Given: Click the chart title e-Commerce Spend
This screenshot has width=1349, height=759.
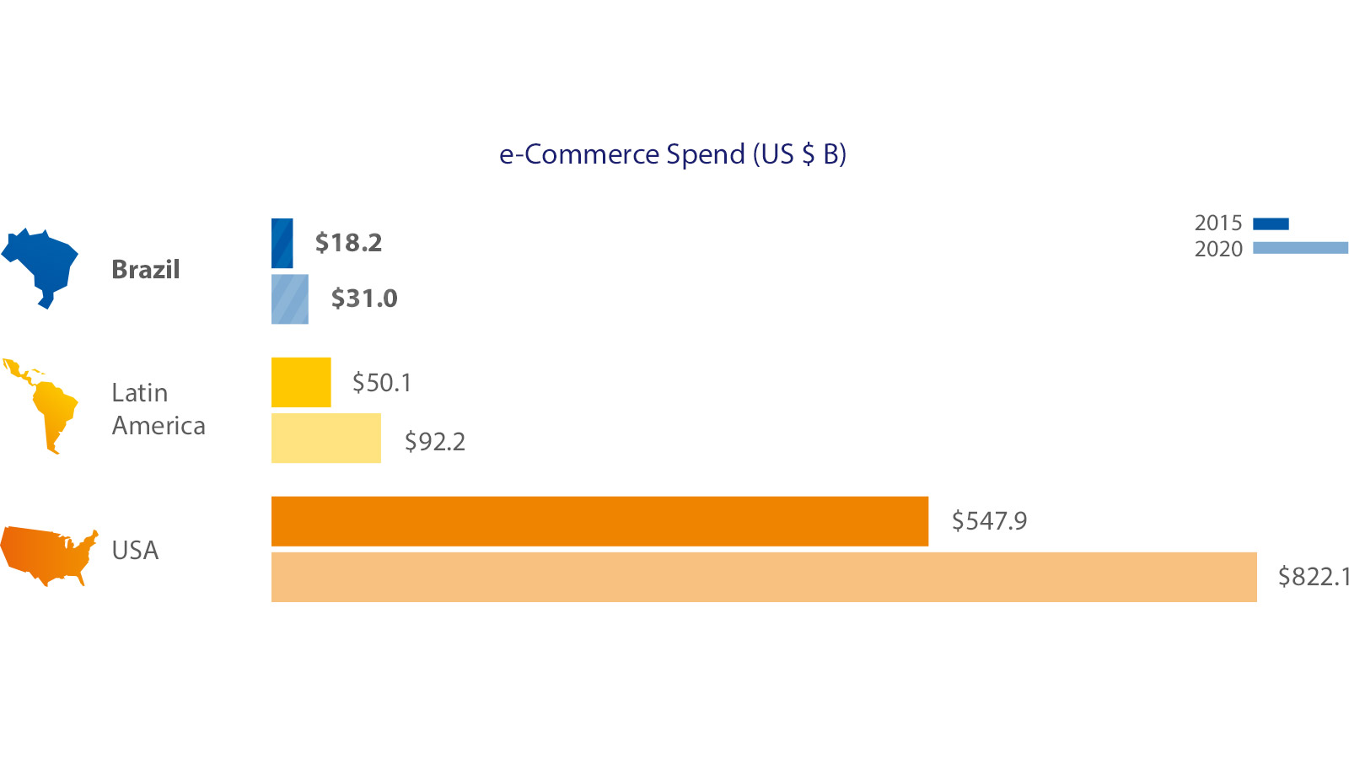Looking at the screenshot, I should point(672,154).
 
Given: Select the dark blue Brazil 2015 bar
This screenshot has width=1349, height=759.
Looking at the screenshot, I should point(282,243).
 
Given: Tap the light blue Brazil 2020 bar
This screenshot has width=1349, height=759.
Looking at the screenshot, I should point(289,299).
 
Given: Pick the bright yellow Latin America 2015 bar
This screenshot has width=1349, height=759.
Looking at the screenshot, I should point(301,382).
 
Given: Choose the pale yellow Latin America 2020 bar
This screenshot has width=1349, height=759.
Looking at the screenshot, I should point(325,439).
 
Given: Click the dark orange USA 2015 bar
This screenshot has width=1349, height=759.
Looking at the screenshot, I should point(599,521).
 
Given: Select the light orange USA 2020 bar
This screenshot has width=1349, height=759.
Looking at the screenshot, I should point(763,577).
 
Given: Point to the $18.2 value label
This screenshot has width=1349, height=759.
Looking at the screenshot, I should point(348,243).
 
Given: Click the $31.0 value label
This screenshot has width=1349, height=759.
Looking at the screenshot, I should point(363,299).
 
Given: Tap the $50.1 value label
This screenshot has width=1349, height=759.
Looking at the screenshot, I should point(382,383).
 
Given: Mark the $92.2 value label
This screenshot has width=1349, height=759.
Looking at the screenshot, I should point(434,441).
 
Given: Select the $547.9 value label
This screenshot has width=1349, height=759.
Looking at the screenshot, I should point(989,521).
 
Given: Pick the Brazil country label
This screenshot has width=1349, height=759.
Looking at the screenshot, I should point(146,270).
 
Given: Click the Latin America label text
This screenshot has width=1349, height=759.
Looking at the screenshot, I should point(158,409).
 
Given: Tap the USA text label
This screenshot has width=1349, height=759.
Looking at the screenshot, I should point(135,551).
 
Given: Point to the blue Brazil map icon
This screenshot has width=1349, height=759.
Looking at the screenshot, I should point(42,263).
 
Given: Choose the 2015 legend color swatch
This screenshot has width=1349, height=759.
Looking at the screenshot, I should point(1271,223).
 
